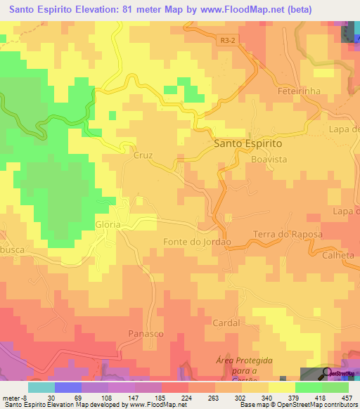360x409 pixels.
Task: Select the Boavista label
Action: click(269, 160)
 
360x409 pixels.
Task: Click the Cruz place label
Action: click(143, 156)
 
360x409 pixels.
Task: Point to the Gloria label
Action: click(108, 223)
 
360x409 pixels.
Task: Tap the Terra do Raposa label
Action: click(288, 235)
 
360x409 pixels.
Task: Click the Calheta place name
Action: click(338, 255)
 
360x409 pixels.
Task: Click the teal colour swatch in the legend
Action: click(41, 387)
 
